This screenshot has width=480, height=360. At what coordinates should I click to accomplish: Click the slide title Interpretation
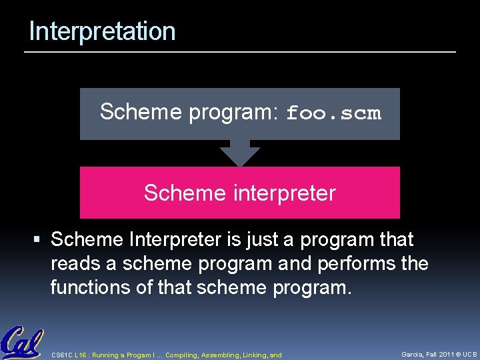[x=102, y=31]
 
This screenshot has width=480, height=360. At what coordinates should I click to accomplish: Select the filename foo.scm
[x=333, y=113]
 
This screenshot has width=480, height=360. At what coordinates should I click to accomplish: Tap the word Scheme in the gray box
[x=141, y=112]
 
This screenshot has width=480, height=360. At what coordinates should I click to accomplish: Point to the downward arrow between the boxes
[x=240, y=153]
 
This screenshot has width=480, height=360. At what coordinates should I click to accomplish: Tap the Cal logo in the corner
[x=22, y=343]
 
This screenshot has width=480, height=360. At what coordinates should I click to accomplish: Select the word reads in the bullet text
[x=75, y=264]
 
